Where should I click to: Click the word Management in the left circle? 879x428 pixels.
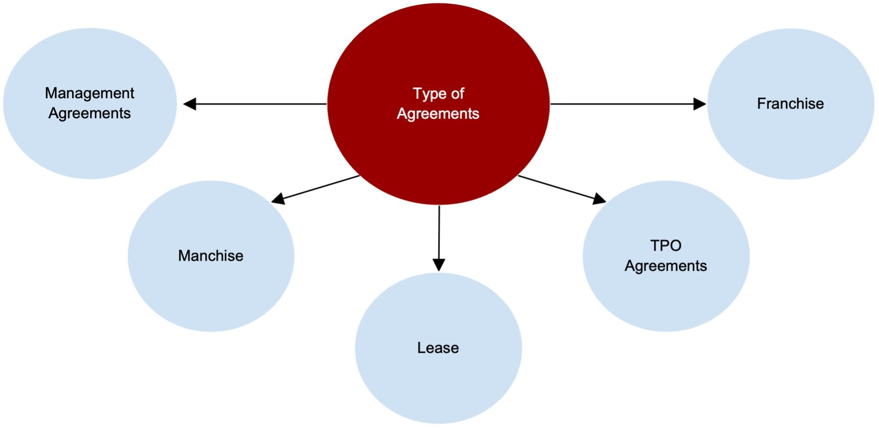[89, 93]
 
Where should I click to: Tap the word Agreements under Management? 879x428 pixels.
[89, 113]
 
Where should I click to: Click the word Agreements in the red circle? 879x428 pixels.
[438, 113]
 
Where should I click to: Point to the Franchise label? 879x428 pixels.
[790, 103]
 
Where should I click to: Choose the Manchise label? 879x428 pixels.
[210, 255]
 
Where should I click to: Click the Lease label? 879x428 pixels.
[438, 348]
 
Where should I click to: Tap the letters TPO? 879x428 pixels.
[666, 245]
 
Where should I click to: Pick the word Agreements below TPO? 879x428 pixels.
[666, 265]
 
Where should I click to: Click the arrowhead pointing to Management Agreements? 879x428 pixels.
[190, 103]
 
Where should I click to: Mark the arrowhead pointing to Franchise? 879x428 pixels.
[699, 103]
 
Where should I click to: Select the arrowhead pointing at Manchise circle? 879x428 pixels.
[278, 199]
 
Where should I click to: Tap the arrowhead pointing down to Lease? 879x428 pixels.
[439, 265]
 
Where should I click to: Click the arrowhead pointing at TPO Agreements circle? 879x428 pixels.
[599, 198]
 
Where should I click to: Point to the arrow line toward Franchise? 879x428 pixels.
[620, 103]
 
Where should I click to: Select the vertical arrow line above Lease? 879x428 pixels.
[439, 231]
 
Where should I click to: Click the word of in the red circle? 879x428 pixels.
[457, 93]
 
